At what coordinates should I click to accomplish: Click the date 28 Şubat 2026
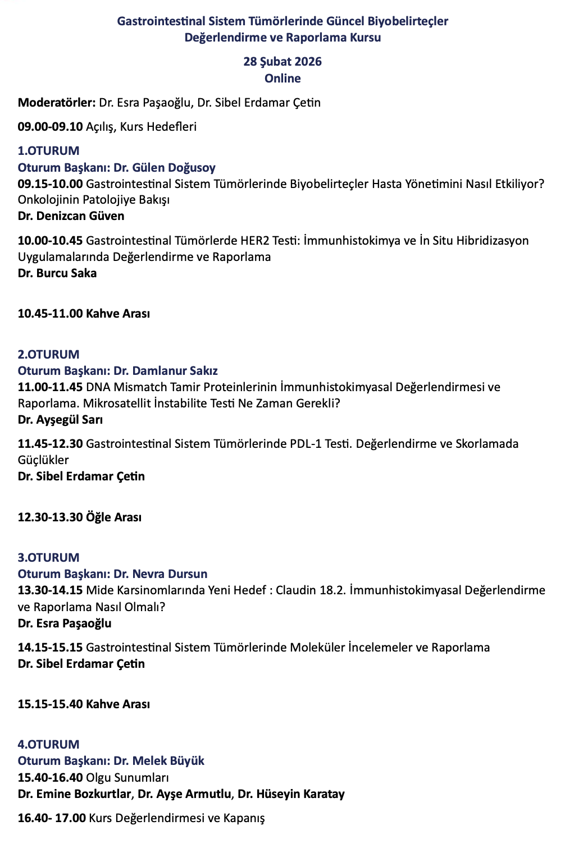[283, 62]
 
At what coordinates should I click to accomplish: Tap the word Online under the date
[283, 79]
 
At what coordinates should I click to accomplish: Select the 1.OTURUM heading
[48, 151]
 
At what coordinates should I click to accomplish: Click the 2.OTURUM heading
[48, 355]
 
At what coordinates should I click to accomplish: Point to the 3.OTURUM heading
[48, 558]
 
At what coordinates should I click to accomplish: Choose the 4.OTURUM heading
[48, 745]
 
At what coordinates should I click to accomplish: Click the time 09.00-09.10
[50, 127]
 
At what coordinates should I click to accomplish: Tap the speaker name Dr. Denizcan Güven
[71, 216]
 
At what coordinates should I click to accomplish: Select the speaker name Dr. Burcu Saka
[57, 273]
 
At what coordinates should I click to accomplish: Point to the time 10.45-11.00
[50, 314]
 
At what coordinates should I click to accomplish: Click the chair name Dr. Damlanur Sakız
[165, 371]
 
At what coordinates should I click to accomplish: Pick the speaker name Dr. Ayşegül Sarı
[60, 420]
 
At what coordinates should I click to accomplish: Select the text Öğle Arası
[113, 517]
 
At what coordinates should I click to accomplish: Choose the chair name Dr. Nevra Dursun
[160, 574]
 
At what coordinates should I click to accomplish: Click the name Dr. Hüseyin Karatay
[291, 794]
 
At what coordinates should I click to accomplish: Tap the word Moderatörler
[56, 103]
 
